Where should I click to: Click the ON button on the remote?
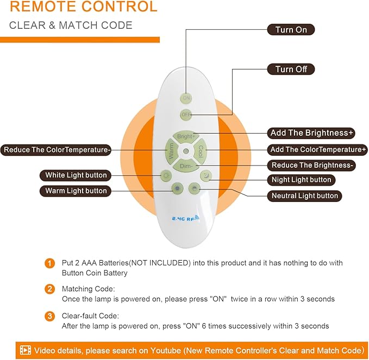pos(186,98)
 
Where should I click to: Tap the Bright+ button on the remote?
pos(185,137)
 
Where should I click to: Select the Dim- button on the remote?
pos(186,165)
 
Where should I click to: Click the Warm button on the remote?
pos(171,150)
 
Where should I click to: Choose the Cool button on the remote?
pos(201,150)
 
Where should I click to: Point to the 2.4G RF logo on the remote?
pos(185,218)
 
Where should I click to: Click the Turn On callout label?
pos(291,30)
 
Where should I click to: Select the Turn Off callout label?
pos(291,69)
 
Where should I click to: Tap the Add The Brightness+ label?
pos(312,133)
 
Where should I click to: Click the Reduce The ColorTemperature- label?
pos(57,149)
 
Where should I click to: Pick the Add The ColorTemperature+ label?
pos(318,149)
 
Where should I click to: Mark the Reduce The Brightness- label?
pos(312,165)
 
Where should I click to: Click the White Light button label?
pos(76,175)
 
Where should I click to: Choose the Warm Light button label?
pos(76,191)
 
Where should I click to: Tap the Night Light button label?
pos(301,180)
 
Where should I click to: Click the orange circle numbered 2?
pos(50,289)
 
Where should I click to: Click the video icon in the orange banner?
pos(26,350)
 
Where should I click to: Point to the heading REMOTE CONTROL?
pos(84,7)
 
